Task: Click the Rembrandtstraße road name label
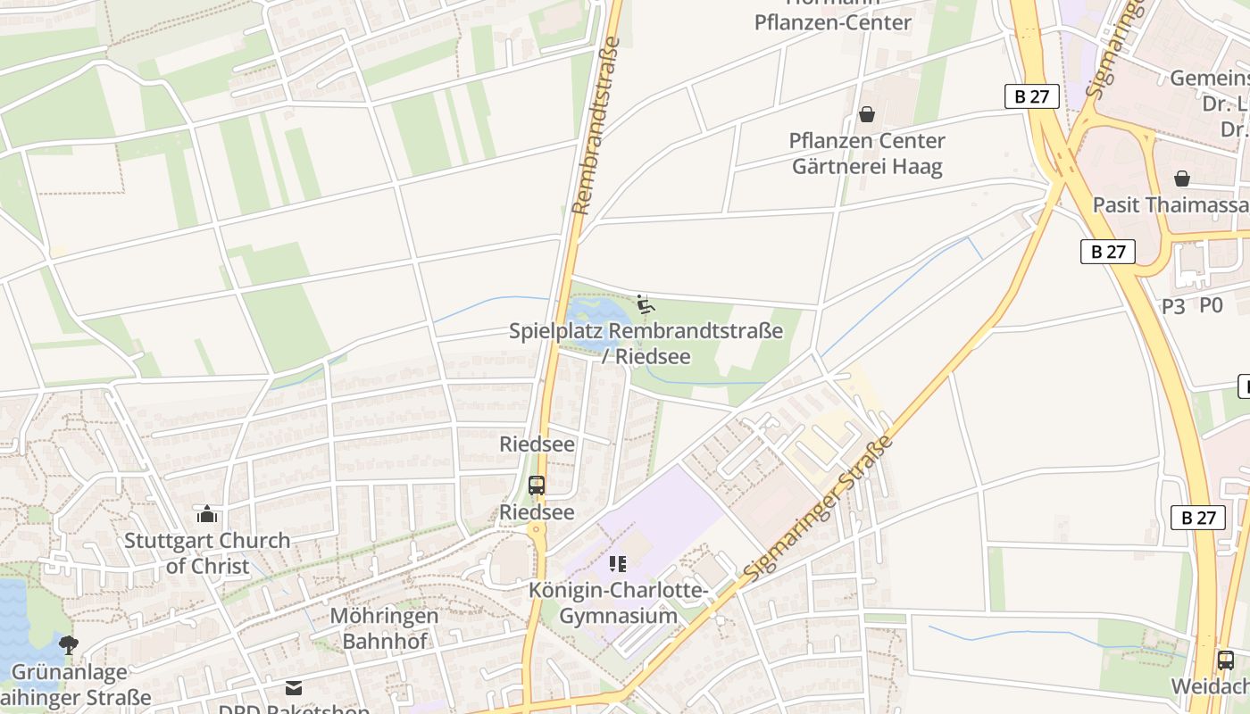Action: tap(596, 127)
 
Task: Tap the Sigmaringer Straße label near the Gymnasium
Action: tap(820, 510)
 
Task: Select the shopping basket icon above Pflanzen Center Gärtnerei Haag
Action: tap(866, 114)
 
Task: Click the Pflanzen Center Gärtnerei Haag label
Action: tap(866, 154)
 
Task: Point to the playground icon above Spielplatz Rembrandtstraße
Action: tap(645, 305)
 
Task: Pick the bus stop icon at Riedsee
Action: tap(537, 486)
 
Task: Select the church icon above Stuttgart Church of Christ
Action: tap(207, 514)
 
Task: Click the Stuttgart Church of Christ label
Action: tap(207, 553)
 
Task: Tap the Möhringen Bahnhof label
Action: tap(385, 628)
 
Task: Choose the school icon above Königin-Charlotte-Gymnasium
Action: tap(618, 563)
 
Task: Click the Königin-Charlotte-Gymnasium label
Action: tap(618, 603)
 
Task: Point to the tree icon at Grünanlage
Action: tap(68, 644)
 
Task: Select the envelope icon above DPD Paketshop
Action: tap(294, 688)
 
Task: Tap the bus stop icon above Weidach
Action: tap(1226, 660)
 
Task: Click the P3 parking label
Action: tap(1173, 306)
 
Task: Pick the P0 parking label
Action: tap(1211, 305)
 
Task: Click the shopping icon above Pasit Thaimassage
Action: tap(1182, 178)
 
